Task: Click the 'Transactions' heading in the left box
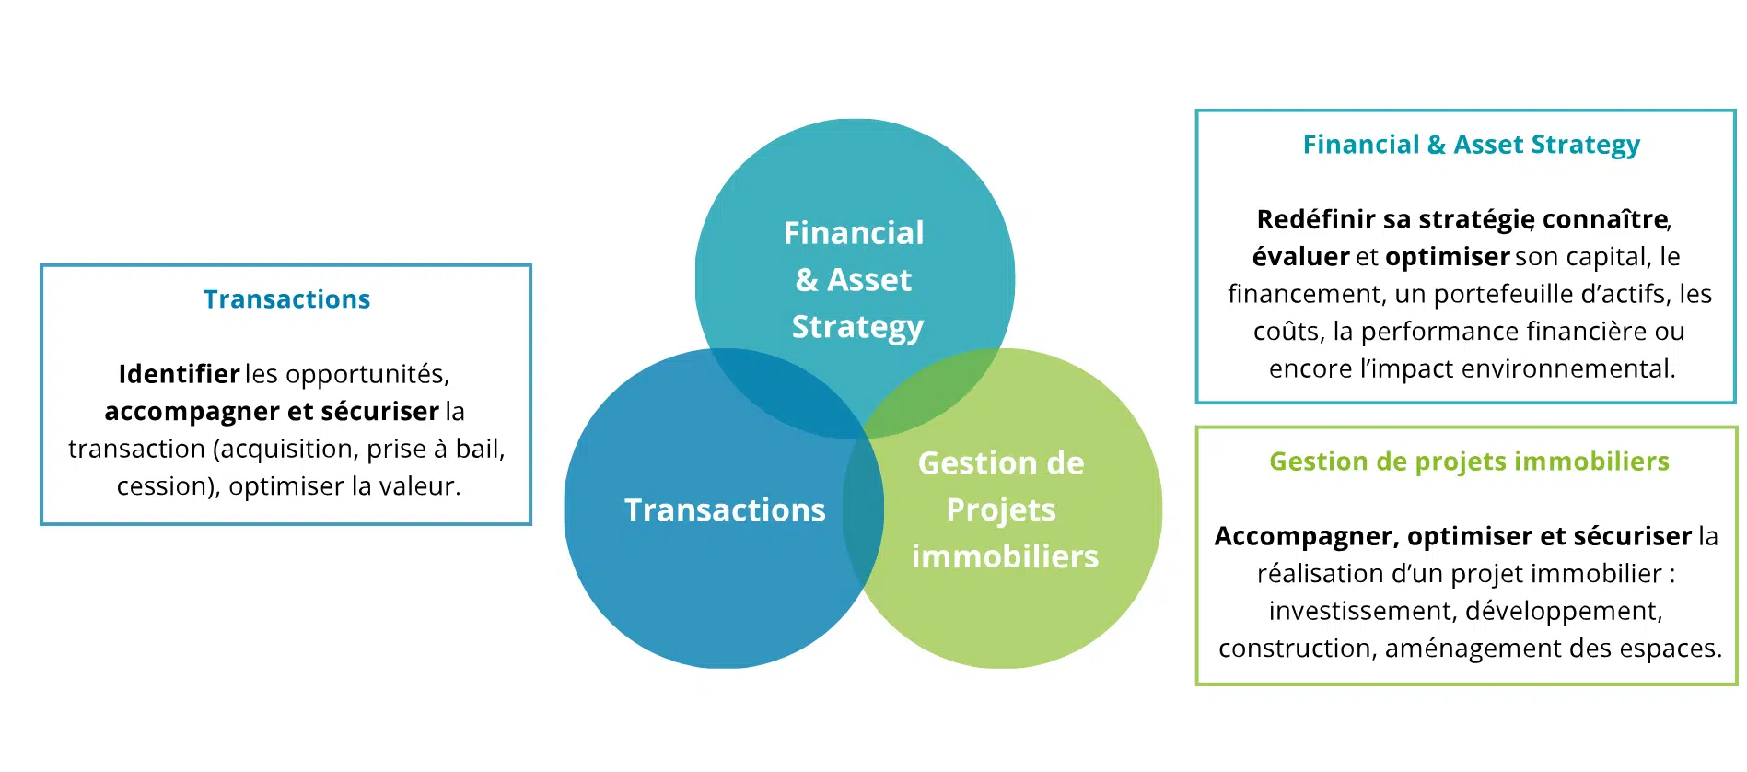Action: pyautogui.click(x=286, y=299)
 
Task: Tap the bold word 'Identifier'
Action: pyautogui.click(x=179, y=374)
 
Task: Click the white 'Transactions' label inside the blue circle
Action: pyautogui.click(x=725, y=510)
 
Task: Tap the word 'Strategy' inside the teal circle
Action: pyautogui.click(x=857, y=327)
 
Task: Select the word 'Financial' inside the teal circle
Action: pyautogui.click(x=854, y=233)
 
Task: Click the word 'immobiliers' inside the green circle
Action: pyautogui.click(x=1005, y=556)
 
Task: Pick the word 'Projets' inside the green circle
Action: pyautogui.click(x=1001, y=509)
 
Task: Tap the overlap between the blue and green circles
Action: pyautogui.click(x=863, y=511)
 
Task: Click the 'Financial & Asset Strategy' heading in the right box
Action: pyautogui.click(x=1471, y=145)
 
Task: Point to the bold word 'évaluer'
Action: pyautogui.click(x=1300, y=257)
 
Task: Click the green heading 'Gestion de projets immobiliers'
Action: pyautogui.click(x=1469, y=462)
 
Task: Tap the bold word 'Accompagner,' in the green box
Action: pyautogui.click(x=1306, y=536)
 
